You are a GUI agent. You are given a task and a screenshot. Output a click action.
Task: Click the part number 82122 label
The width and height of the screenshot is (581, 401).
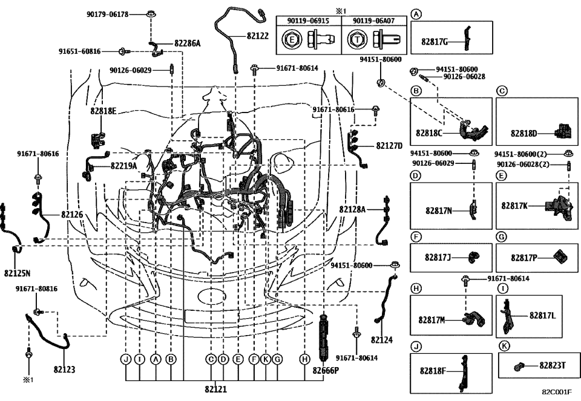tap(257, 36)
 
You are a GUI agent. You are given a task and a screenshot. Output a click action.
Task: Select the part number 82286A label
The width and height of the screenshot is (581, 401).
tap(187, 43)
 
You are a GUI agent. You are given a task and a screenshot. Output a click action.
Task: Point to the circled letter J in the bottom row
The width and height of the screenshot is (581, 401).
tap(126, 359)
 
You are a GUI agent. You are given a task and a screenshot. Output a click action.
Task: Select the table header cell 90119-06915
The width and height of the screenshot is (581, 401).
tap(309, 21)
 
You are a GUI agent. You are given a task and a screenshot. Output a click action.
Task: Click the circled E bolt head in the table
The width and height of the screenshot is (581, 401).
tap(292, 42)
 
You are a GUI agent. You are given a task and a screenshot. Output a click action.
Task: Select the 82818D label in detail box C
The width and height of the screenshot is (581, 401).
tap(524, 132)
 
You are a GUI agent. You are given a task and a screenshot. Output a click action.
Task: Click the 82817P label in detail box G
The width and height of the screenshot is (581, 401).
tap(524, 258)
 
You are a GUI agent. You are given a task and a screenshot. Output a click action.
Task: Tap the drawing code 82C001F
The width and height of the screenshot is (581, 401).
tap(556, 392)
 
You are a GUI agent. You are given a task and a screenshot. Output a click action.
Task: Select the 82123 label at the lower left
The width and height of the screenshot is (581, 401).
tap(64, 368)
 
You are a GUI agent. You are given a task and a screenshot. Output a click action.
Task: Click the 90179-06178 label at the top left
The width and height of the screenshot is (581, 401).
tap(107, 13)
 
